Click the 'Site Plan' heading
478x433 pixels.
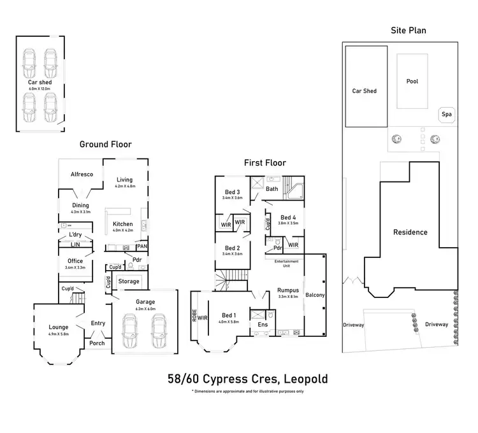408,30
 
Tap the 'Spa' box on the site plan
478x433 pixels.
447,115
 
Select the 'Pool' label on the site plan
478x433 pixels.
412,82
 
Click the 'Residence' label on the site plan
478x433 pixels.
410,232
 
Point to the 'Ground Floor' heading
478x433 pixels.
105,145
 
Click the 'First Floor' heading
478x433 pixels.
265,163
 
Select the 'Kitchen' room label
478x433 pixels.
122,224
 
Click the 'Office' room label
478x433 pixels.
75,261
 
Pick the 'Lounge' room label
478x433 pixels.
58,327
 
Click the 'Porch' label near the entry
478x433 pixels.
97,344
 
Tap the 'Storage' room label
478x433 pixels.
129,281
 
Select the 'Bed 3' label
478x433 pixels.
233,192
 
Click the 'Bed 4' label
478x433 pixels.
288,217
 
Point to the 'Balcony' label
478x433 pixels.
315,295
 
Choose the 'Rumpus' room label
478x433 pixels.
289,290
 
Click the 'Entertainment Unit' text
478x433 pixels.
287,264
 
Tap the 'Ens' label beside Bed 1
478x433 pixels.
263,325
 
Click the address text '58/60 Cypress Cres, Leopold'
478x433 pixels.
247,380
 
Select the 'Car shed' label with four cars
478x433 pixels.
40,82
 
